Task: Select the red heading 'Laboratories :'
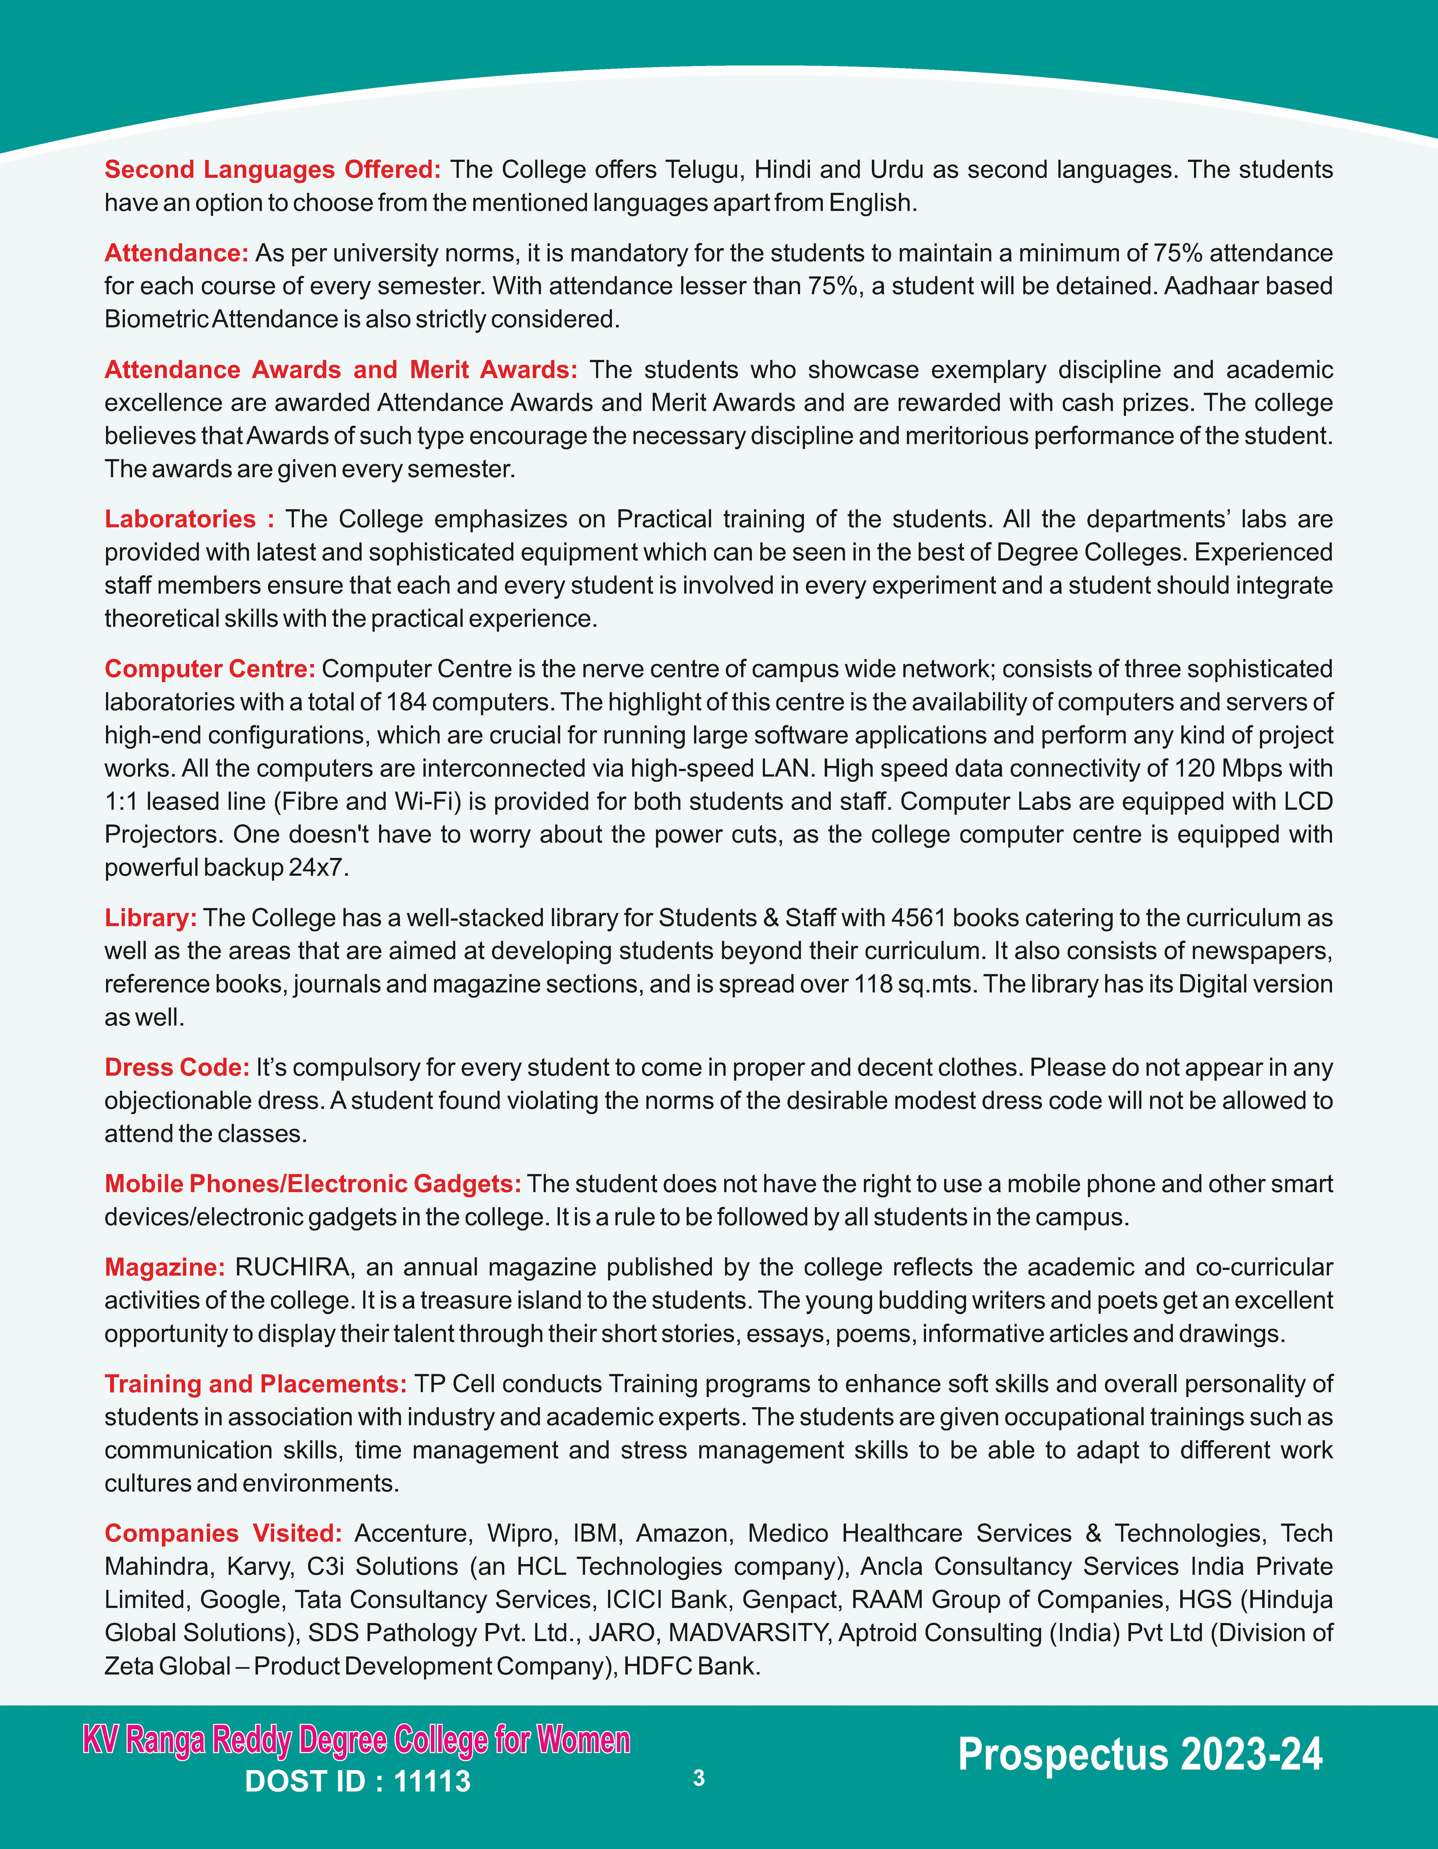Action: click(x=189, y=519)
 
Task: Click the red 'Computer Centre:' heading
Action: click(x=210, y=669)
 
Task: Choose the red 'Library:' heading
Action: click(x=151, y=918)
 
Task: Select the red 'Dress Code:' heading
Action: click(x=177, y=1067)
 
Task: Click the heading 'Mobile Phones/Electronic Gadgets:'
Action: click(x=312, y=1184)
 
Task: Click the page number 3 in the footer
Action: click(x=698, y=1778)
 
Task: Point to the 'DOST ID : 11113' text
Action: click(x=357, y=1781)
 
